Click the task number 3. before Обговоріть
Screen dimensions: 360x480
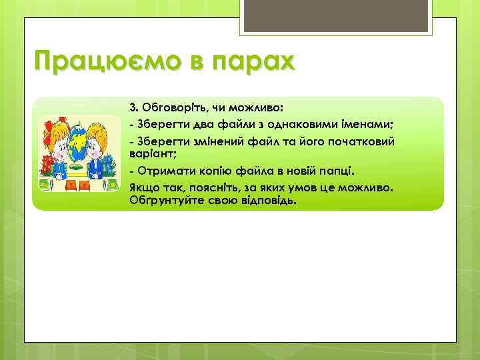pos(133,107)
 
